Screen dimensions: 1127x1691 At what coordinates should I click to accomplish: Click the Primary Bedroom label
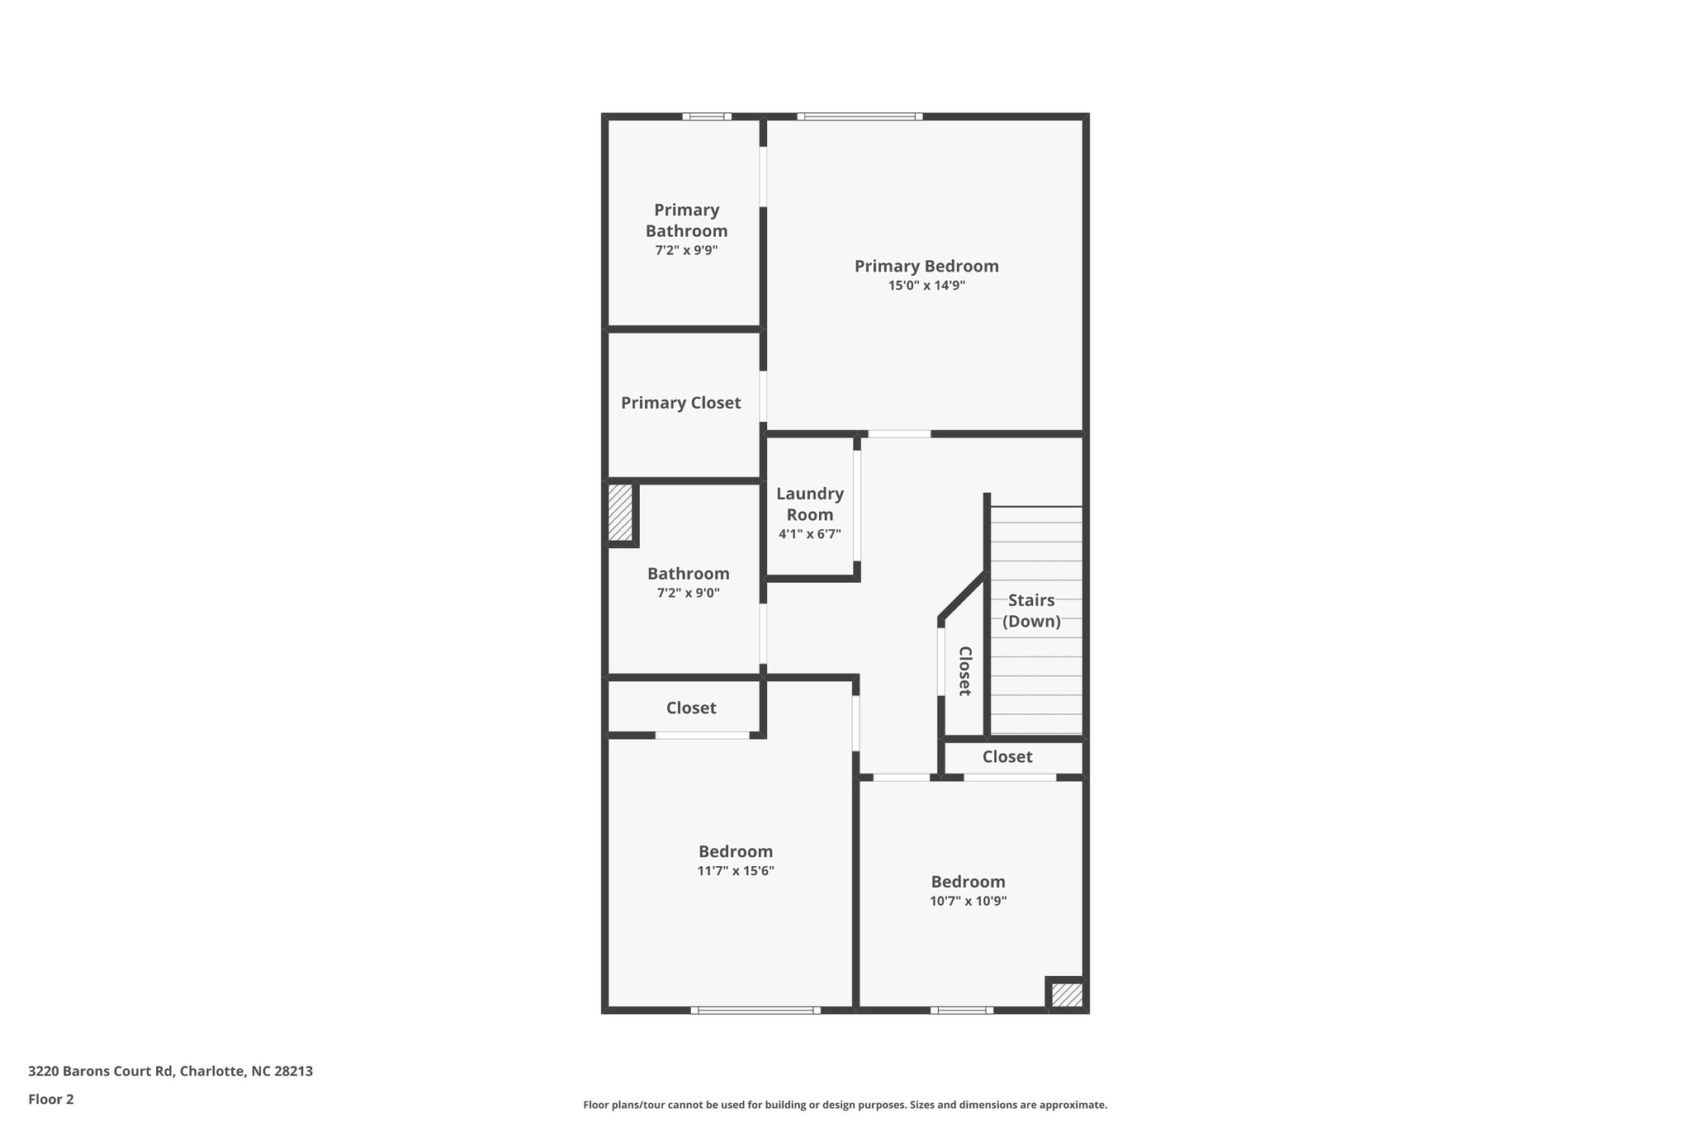926,266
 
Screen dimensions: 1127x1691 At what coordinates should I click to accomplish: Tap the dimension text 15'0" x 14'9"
926,286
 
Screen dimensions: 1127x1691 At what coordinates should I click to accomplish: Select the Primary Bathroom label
686,220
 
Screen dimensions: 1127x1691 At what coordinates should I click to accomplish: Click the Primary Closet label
680,403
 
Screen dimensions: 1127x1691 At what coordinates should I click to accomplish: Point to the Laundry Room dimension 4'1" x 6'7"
809,534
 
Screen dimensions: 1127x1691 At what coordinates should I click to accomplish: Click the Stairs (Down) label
1031,611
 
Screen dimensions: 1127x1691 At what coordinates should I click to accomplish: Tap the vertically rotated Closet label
964,670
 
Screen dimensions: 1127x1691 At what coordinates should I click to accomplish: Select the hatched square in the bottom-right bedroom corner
1066,995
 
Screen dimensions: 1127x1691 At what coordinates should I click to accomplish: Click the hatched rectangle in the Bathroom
620,513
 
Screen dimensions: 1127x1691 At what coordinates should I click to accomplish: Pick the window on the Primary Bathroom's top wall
707,116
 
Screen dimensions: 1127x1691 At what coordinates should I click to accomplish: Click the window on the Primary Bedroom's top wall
860,116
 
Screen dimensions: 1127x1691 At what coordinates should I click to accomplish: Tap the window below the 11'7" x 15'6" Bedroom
756,1010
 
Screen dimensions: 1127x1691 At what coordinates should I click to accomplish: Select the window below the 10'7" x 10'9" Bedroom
961,1010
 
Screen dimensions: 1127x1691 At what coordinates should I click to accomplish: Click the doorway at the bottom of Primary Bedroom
899,433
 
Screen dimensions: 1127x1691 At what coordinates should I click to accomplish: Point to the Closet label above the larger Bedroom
691,708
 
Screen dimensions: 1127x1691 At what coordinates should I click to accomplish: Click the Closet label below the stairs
1007,757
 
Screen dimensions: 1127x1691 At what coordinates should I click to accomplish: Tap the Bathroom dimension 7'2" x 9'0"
688,593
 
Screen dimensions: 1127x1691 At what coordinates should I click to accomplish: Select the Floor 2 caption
51,1099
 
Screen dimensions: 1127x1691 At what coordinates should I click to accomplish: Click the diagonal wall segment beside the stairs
963,595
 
